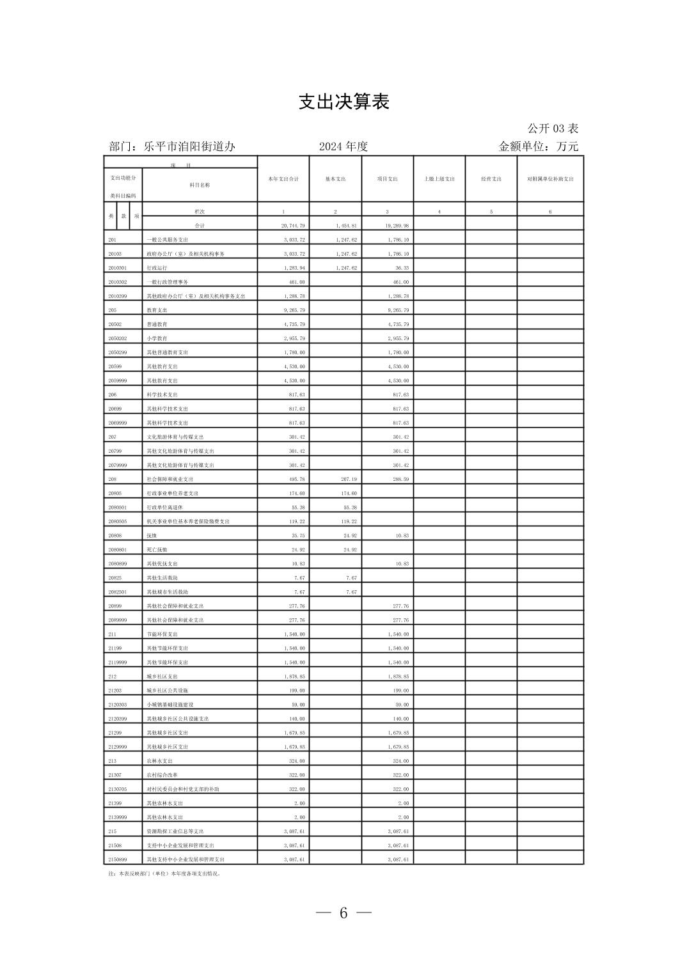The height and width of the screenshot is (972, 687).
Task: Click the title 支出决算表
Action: coord(343,102)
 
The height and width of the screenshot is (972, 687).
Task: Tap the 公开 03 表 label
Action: coord(553,129)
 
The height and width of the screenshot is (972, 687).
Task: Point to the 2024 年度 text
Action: coord(343,146)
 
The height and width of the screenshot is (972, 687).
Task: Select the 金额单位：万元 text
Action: coord(538,146)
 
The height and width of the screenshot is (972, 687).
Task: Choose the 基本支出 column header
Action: coord(335,179)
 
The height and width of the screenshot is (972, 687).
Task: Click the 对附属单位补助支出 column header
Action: coord(550,179)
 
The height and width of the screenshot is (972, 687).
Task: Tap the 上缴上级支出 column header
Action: coord(439,179)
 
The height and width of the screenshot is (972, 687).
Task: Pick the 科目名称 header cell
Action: coord(200,185)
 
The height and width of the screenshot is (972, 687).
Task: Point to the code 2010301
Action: coord(118,268)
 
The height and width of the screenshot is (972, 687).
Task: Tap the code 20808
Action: coord(115,535)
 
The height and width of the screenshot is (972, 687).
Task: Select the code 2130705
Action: coord(118,789)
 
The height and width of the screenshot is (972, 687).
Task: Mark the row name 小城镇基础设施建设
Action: coord(170,705)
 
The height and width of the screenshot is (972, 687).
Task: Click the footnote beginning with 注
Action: coord(164,873)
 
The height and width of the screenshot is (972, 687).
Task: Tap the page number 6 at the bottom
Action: coord(343,913)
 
